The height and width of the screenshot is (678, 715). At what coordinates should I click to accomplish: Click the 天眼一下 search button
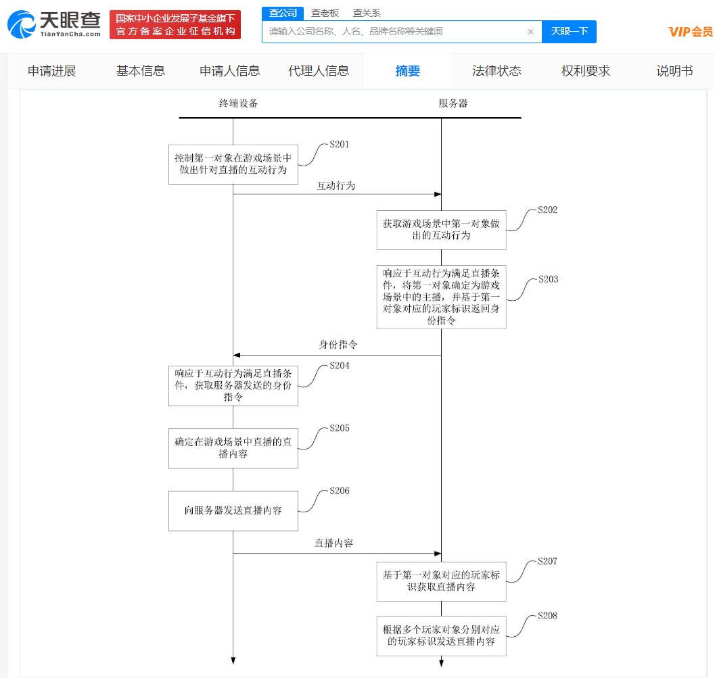(x=569, y=31)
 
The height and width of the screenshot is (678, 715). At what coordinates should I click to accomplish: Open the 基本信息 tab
(x=141, y=71)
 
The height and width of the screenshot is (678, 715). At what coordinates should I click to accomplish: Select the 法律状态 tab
(x=497, y=71)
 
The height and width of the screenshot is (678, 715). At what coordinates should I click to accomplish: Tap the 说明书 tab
(x=674, y=71)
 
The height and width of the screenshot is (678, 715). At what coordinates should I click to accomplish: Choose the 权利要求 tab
(x=586, y=71)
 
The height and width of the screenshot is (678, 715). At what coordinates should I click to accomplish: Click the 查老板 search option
(x=325, y=13)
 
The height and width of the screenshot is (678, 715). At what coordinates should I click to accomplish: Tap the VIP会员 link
(x=690, y=31)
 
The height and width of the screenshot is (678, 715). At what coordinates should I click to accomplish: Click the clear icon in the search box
(x=530, y=32)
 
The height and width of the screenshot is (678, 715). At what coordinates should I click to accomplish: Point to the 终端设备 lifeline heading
(x=238, y=103)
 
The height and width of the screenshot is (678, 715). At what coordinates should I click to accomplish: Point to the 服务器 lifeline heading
(x=453, y=103)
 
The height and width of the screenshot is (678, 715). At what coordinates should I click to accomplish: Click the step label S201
(x=340, y=145)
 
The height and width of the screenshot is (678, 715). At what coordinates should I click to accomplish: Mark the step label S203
(x=548, y=279)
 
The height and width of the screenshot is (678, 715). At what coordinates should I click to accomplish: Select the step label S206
(x=340, y=491)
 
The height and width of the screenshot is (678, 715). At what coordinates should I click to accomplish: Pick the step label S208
(x=548, y=616)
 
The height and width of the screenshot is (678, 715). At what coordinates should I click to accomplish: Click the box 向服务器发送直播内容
(x=233, y=510)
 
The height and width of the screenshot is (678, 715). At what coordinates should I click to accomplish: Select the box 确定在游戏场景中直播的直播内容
(x=233, y=447)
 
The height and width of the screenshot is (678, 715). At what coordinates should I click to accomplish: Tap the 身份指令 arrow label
(x=338, y=345)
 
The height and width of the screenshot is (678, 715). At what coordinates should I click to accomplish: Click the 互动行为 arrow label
(x=336, y=185)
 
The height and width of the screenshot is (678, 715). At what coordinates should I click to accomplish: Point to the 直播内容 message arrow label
(x=333, y=543)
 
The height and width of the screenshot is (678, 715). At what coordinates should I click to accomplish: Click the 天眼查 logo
(x=54, y=24)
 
